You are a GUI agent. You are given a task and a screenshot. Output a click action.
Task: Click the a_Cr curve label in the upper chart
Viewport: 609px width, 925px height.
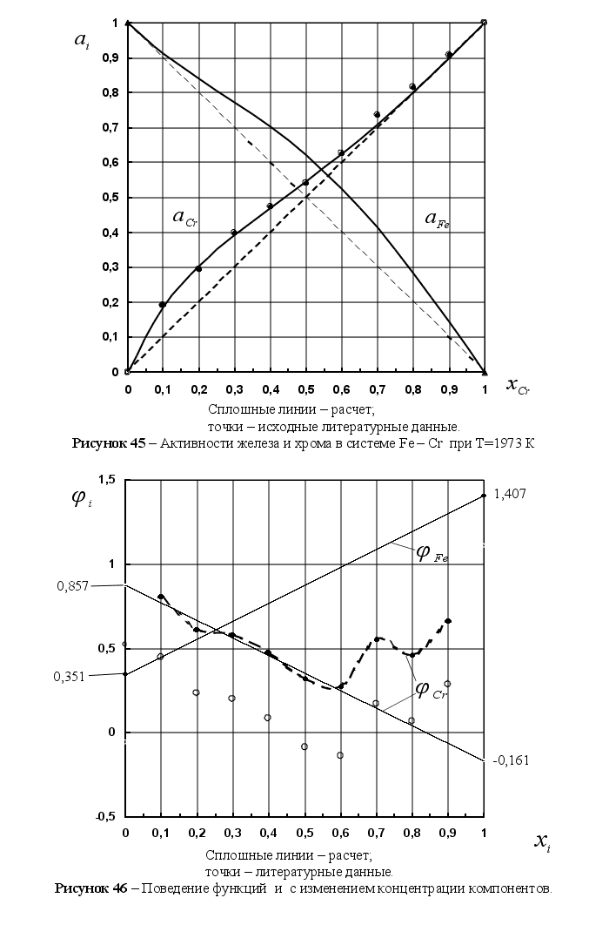click(x=185, y=219)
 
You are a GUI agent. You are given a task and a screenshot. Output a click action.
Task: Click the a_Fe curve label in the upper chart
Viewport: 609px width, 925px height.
click(x=437, y=219)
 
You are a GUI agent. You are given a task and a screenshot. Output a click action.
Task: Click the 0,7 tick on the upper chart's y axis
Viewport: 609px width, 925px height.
click(x=109, y=128)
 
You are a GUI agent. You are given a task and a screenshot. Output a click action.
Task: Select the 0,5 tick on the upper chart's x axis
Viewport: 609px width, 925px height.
click(x=305, y=389)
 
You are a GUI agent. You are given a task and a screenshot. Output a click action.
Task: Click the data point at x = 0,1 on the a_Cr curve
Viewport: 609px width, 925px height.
click(x=163, y=305)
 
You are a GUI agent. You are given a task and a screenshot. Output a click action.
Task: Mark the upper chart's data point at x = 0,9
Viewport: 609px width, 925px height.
click(x=449, y=55)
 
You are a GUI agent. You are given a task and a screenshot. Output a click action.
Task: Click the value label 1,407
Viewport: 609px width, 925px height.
click(x=511, y=494)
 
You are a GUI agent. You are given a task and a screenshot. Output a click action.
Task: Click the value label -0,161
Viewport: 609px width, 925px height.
click(x=512, y=760)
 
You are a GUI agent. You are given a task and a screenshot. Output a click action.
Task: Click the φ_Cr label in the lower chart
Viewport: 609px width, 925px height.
click(x=430, y=690)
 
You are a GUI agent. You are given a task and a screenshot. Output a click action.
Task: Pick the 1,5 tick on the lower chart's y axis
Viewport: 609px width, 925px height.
click(x=107, y=480)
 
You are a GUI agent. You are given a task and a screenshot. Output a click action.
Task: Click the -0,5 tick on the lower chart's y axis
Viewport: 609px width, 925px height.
click(x=105, y=816)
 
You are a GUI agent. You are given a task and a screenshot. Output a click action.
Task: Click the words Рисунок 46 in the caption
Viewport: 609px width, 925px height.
click(x=92, y=889)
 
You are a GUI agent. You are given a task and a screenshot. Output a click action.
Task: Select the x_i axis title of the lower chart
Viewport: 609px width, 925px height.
click(x=541, y=841)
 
